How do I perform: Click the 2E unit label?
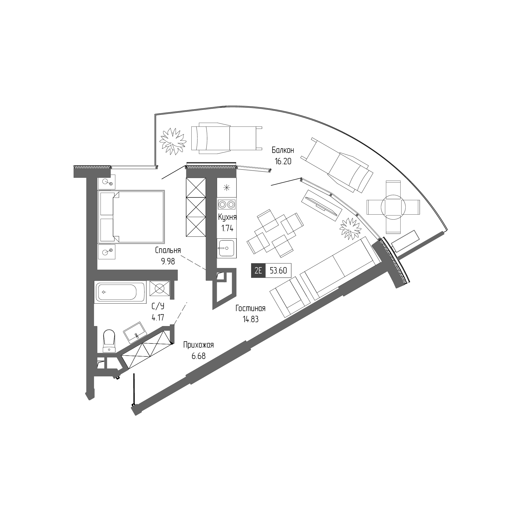click(258, 270)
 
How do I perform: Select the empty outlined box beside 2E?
click(278, 270)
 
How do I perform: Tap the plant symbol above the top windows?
click(173, 139)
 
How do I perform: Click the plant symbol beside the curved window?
click(351, 226)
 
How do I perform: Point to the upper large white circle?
click(105, 181)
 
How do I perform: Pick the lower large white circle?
click(105, 252)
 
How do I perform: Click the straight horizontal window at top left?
click(134, 167)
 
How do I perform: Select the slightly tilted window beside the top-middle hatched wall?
click(254, 169)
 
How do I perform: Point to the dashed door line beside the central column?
click(193, 263)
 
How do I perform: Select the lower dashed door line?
click(180, 314)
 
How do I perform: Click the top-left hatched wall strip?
click(92, 167)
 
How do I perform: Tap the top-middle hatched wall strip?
click(211, 167)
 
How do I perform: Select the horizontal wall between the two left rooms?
click(137, 275)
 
